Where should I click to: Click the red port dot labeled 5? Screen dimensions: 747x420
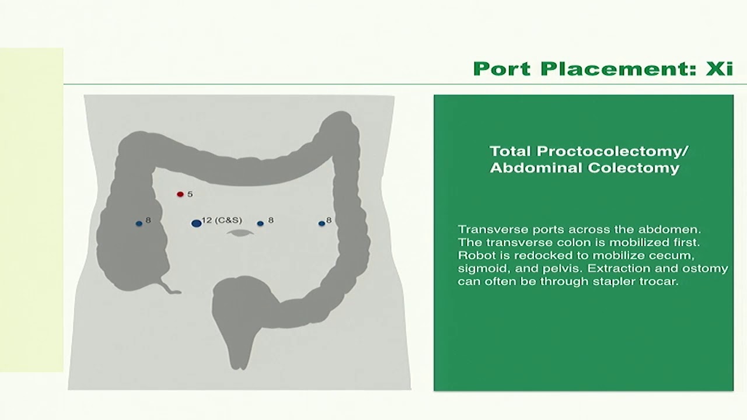point(180,194)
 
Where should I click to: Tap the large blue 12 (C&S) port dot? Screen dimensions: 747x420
point(197,223)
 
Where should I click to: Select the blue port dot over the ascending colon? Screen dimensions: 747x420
point(139,223)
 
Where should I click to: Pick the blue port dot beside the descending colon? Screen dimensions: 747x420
point(322,223)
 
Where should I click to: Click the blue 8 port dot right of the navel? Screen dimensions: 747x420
point(260,223)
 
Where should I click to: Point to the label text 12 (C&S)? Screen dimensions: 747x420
point(222,220)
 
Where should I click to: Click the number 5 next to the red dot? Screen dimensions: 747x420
point(190,194)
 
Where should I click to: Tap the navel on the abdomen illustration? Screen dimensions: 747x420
point(240,233)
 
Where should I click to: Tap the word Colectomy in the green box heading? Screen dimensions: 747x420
point(633,167)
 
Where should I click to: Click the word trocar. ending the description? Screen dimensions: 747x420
point(659,281)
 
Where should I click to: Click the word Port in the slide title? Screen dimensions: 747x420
point(502,69)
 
